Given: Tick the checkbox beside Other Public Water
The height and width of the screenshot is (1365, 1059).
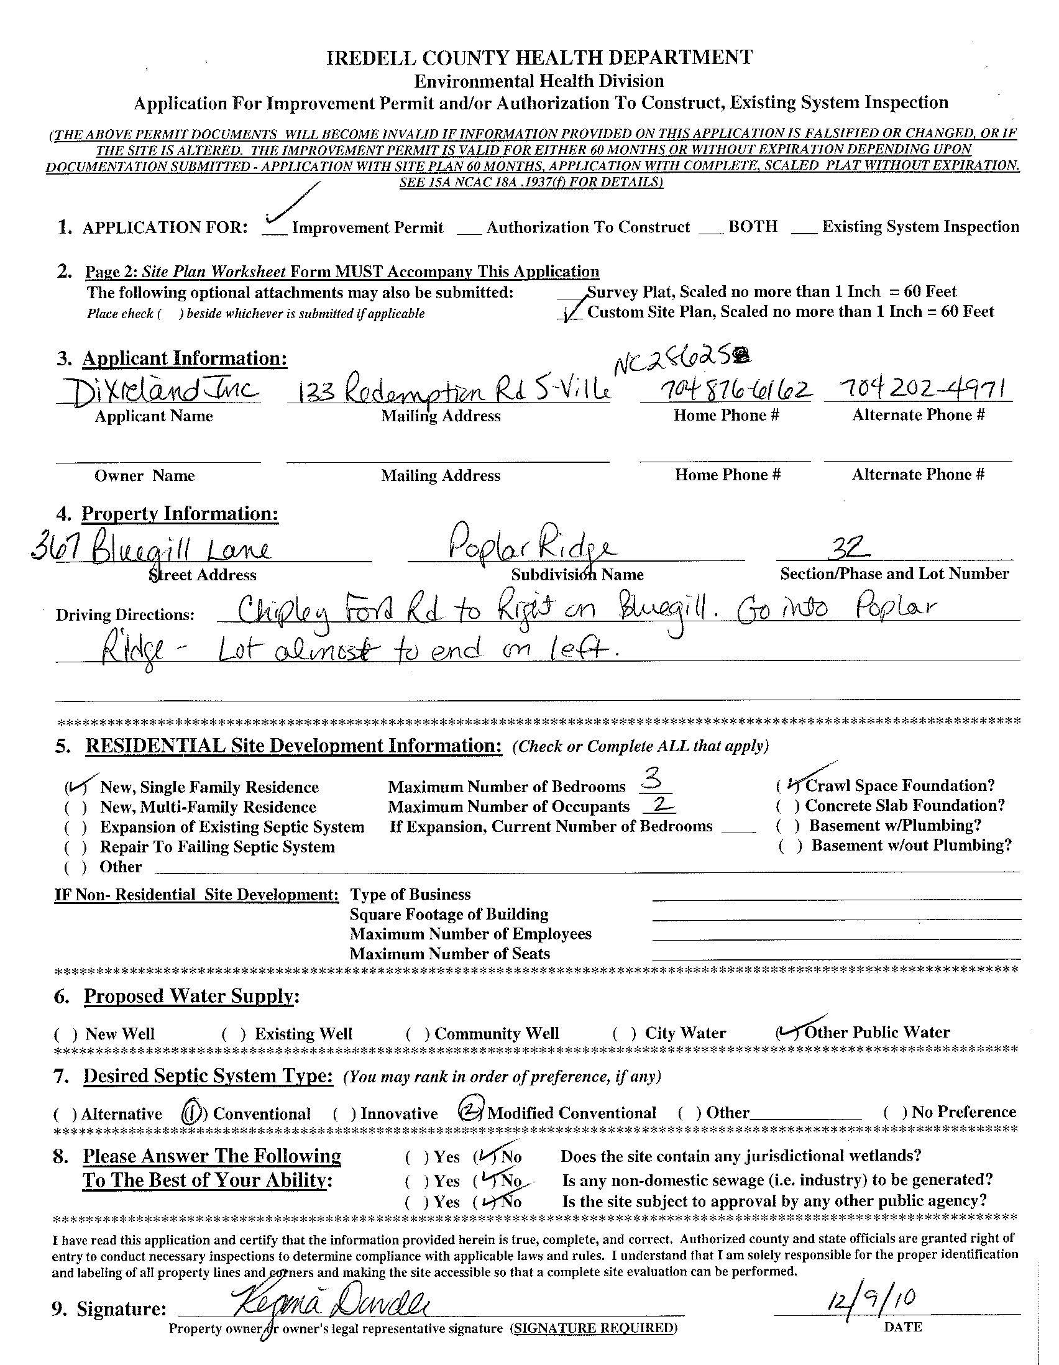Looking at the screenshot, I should click(787, 1033).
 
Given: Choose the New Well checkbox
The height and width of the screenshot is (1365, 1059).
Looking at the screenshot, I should click(66, 1034).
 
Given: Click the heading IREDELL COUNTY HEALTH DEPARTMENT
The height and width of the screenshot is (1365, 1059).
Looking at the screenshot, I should click(539, 58).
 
